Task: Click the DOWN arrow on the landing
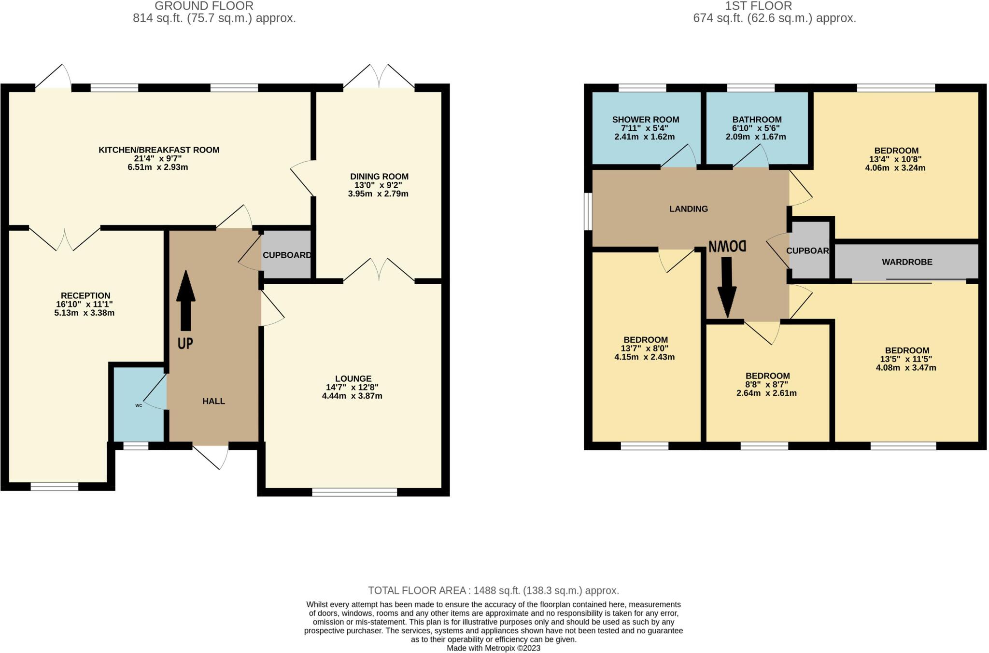tap(726, 287)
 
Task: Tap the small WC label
tap(139, 405)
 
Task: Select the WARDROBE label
tap(907, 262)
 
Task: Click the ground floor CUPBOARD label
tap(287, 255)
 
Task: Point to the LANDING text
tap(688, 209)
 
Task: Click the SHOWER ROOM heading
tap(645, 120)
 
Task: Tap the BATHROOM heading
tap(756, 120)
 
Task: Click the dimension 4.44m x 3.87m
tap(352, 396)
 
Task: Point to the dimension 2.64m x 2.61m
tap(766, 393)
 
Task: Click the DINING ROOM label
tap(379, 177)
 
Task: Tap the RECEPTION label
tap(85, 295)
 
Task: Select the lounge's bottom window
tap(354, 492)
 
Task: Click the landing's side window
tap(588, 211)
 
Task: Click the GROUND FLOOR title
tap(204, 6)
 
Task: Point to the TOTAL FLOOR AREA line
tap(493, 590)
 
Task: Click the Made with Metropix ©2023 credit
tap(493, 648)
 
